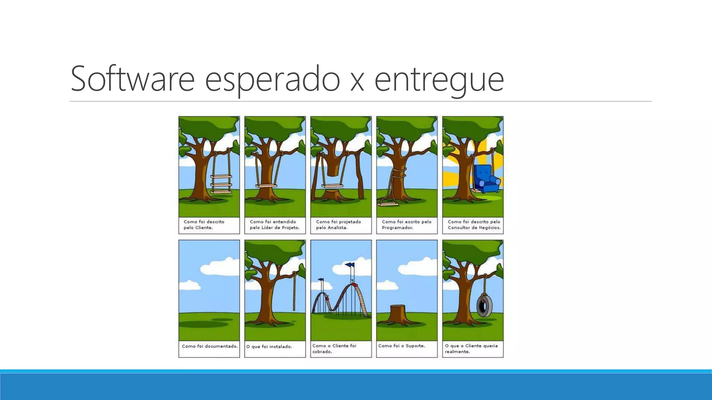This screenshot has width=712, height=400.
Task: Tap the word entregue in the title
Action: click(439, 80)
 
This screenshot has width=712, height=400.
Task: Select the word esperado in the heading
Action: click(272, 80)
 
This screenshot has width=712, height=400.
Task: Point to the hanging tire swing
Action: click(484, 305)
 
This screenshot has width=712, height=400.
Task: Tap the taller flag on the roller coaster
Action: click(350, 265)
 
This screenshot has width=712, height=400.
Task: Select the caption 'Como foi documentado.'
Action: click(210, 346)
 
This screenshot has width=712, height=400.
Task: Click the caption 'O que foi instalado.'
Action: click(269, 347)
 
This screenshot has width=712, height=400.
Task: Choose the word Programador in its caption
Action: click(397, 228)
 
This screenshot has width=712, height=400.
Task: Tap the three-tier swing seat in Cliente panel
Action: click(221, 184)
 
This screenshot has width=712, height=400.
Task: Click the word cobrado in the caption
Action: click(322, 352)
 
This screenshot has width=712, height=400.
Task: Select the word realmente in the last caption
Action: click(457, 352)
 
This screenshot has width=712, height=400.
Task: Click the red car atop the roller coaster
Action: click(354, 285)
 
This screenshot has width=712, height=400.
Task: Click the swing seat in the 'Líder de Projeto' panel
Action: click(266, 186)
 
